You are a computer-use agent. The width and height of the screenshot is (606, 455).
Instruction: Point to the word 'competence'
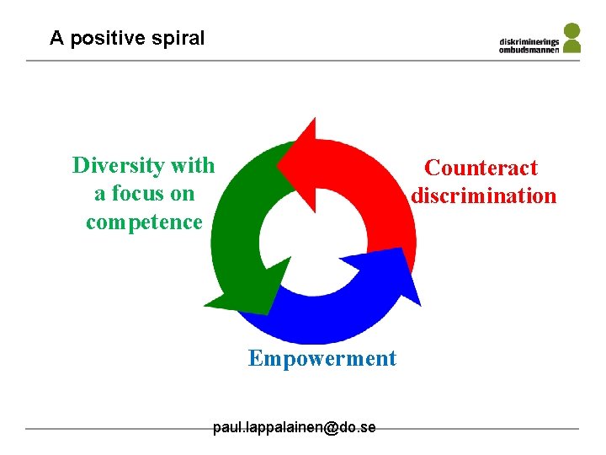(144, 222)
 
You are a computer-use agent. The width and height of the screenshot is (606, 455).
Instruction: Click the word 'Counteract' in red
(481, 168)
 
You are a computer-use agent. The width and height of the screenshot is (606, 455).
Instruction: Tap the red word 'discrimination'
(483, 196)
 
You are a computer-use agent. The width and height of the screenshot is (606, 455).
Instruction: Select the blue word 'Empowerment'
(322, 359)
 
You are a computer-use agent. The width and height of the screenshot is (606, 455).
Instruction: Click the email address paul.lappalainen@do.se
(294, 427)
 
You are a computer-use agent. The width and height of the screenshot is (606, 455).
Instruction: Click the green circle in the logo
(571, 30)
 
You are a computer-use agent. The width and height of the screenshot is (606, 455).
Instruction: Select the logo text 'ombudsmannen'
(529, 49)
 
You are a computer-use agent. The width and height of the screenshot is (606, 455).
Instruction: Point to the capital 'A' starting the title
(56, 38)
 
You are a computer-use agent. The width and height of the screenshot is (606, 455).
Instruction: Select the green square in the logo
(571, 47)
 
